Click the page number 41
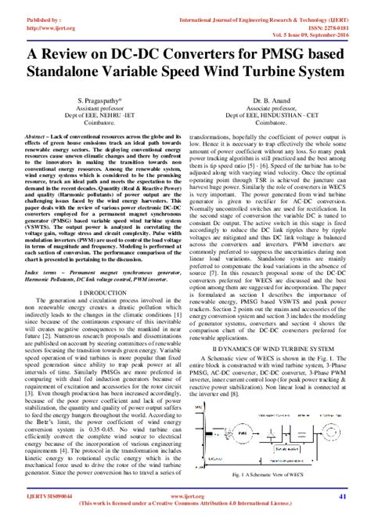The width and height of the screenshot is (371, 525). coord(341,496)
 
